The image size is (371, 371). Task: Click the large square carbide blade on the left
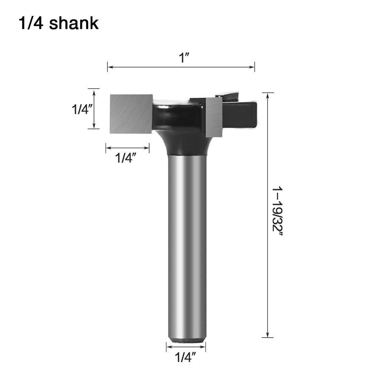pos(131,113)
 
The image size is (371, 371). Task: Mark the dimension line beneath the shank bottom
pos(186,347)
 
